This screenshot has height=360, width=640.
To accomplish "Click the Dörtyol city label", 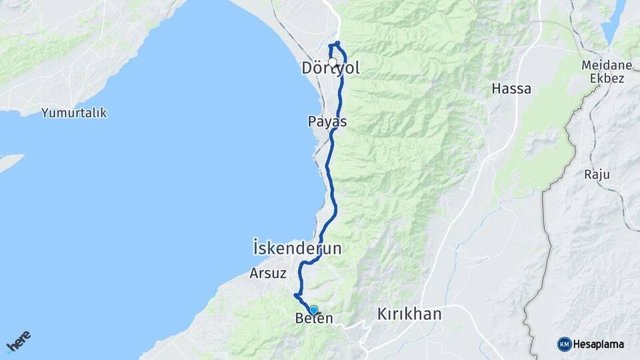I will click(x=331, y=69).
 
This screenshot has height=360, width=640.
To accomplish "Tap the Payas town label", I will click(x=327, y=121).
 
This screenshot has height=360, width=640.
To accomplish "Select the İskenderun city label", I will click(x=297, y=248).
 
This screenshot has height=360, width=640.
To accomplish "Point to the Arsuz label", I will click(x=268, y=273).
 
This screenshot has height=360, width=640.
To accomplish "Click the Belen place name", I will click(x=313, y=319).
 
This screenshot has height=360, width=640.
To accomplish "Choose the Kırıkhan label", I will click(x=409, y=313).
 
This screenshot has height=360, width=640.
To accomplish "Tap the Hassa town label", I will click(x=511, y=88).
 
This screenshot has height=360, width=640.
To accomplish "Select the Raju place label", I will click(x=597, y=175).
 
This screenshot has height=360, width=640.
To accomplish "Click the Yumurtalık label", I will click(x=74, y=113).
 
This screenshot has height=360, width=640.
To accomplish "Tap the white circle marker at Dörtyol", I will click(x=332, y=62).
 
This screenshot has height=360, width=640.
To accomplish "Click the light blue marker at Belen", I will click(x=314, y=310).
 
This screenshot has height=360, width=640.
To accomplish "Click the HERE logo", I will click(x=18, y=341).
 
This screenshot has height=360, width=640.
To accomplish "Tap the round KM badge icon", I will click(x=564, y=344).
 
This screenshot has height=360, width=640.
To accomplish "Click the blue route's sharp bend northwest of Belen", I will click(x=295, y=295).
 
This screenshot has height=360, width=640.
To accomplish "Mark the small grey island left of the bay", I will click(x=9, y=162).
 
